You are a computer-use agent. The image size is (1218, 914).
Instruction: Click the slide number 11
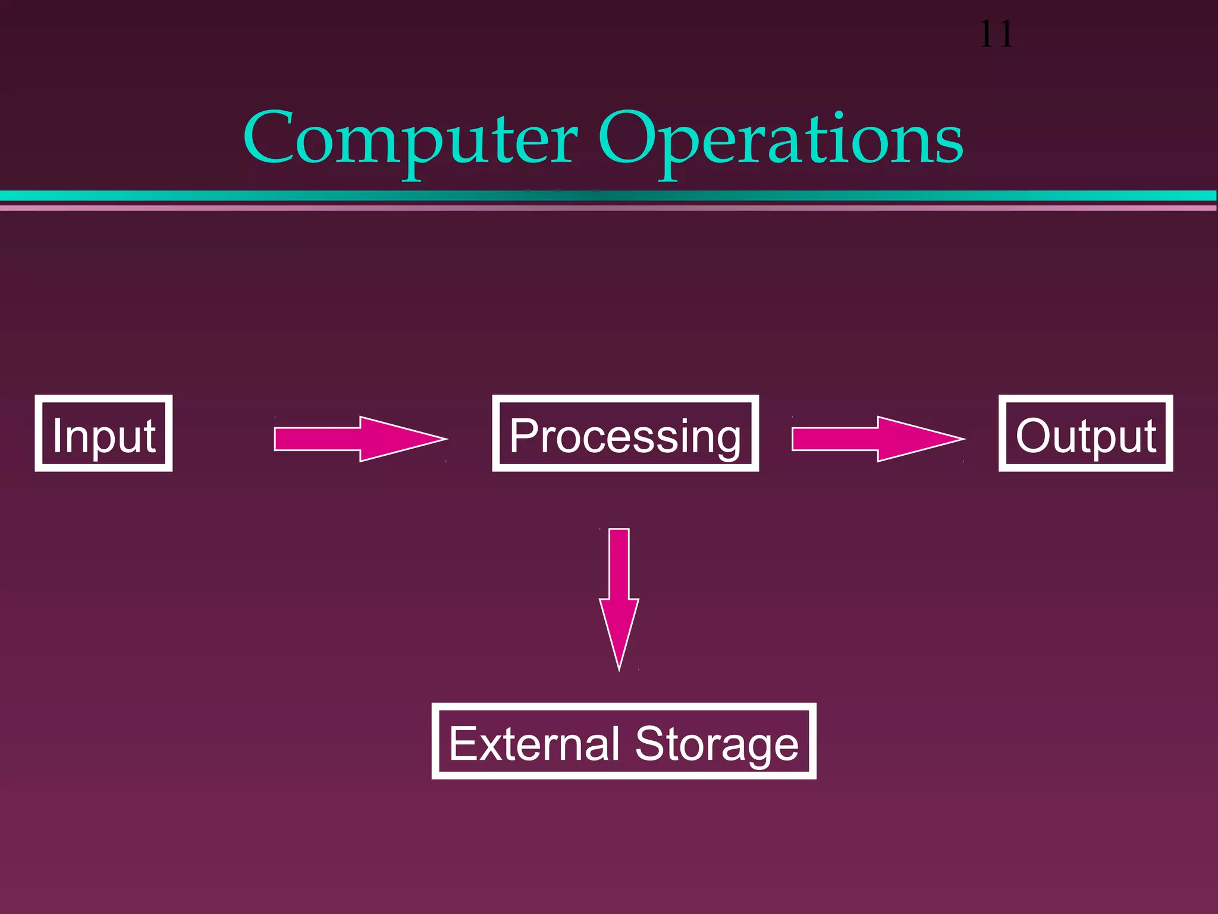[x=996, y=35]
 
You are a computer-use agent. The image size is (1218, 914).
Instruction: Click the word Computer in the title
[x=410, y=140]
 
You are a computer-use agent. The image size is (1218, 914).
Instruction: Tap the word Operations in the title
[x=780, y=140]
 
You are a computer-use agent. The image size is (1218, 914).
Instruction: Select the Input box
[x=103, y=433]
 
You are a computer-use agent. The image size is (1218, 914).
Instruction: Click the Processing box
[x=625, y=433]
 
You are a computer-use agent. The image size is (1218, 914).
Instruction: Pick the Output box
[x=1085, y=433]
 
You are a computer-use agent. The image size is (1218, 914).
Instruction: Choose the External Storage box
[x=624, y=741]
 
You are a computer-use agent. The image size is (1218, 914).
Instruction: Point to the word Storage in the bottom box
[x=717, y=743]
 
